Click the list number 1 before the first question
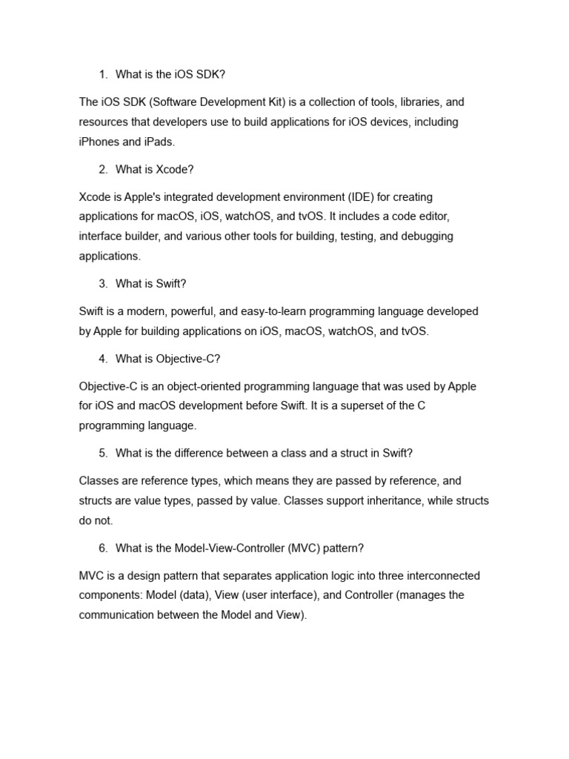tap(102, 74)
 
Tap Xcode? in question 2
tap(175, 170)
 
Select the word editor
tap(430, 217)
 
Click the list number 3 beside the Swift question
tap(102, 285)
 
